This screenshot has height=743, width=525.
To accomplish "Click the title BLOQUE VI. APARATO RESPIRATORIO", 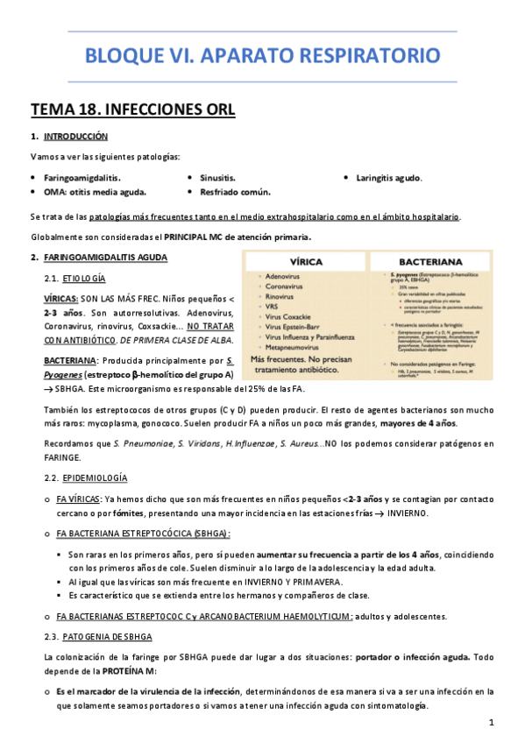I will (x=262, y=57).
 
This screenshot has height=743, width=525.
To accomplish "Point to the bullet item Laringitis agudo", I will (x=388, y=177).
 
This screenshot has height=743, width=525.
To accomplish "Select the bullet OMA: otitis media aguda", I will (x=95, y=191).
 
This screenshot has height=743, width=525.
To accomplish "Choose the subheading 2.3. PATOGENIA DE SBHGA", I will (x=97, y=635).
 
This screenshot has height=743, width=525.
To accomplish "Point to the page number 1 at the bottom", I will (x=492, y=722).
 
